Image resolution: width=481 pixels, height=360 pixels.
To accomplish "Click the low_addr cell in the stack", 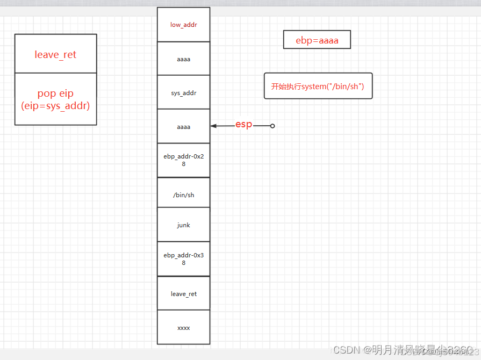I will [183, 25].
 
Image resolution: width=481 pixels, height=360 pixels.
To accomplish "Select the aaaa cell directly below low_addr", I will [183, 59].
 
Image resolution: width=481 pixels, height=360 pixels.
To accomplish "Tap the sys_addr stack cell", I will [183, 93].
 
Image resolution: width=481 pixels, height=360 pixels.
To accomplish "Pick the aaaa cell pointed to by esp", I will [183, 127].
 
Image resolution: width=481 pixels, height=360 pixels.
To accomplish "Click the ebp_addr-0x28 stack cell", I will [183, 160].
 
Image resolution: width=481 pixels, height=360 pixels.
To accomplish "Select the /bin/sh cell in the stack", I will [183, 195].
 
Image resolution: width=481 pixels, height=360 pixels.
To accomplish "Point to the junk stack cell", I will [183, 225].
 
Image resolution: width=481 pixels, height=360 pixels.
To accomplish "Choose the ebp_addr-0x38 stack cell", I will [183, 259].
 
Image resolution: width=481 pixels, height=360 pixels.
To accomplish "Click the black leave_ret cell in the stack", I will [183, 294].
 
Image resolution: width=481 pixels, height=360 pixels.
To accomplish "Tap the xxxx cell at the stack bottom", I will [183, 327].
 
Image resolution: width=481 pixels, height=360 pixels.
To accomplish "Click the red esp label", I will [243, 125].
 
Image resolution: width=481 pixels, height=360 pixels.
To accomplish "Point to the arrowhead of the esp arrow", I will [213, 126].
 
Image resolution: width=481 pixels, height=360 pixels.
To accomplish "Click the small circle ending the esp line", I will [272, 126].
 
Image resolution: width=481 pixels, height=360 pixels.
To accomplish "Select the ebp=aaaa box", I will [317, 40].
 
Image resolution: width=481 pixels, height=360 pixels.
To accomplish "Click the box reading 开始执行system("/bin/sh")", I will [318, 86].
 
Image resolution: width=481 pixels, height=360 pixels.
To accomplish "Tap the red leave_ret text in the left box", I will [55, 54].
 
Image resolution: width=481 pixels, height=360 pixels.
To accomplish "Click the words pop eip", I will [55, 93].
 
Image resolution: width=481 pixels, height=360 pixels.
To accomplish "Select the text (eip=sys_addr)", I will [55, 106].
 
